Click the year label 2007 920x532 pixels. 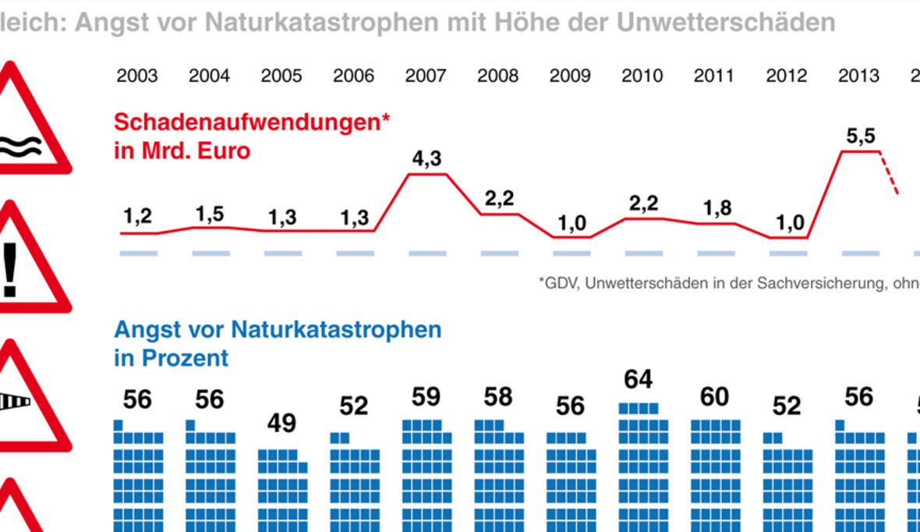click(x=426, y=76)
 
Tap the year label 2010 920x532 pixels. click(x=642, y=76)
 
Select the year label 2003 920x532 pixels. click(x=137, y=76)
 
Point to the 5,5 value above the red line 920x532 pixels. click(x=860, y=137)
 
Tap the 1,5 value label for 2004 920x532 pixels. click(x=210, y=215)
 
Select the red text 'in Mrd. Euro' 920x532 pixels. click(x=182, y=150)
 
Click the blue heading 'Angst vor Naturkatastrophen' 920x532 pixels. click(x=278, y=329)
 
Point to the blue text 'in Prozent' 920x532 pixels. click(x=171, y=358)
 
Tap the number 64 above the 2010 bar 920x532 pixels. click(x=638, y=381)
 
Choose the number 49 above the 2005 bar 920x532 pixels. click(x=281, y=424)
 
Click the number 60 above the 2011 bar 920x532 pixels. click(x=713, y=398)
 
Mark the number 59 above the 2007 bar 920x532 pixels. click(x=426, y=398)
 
